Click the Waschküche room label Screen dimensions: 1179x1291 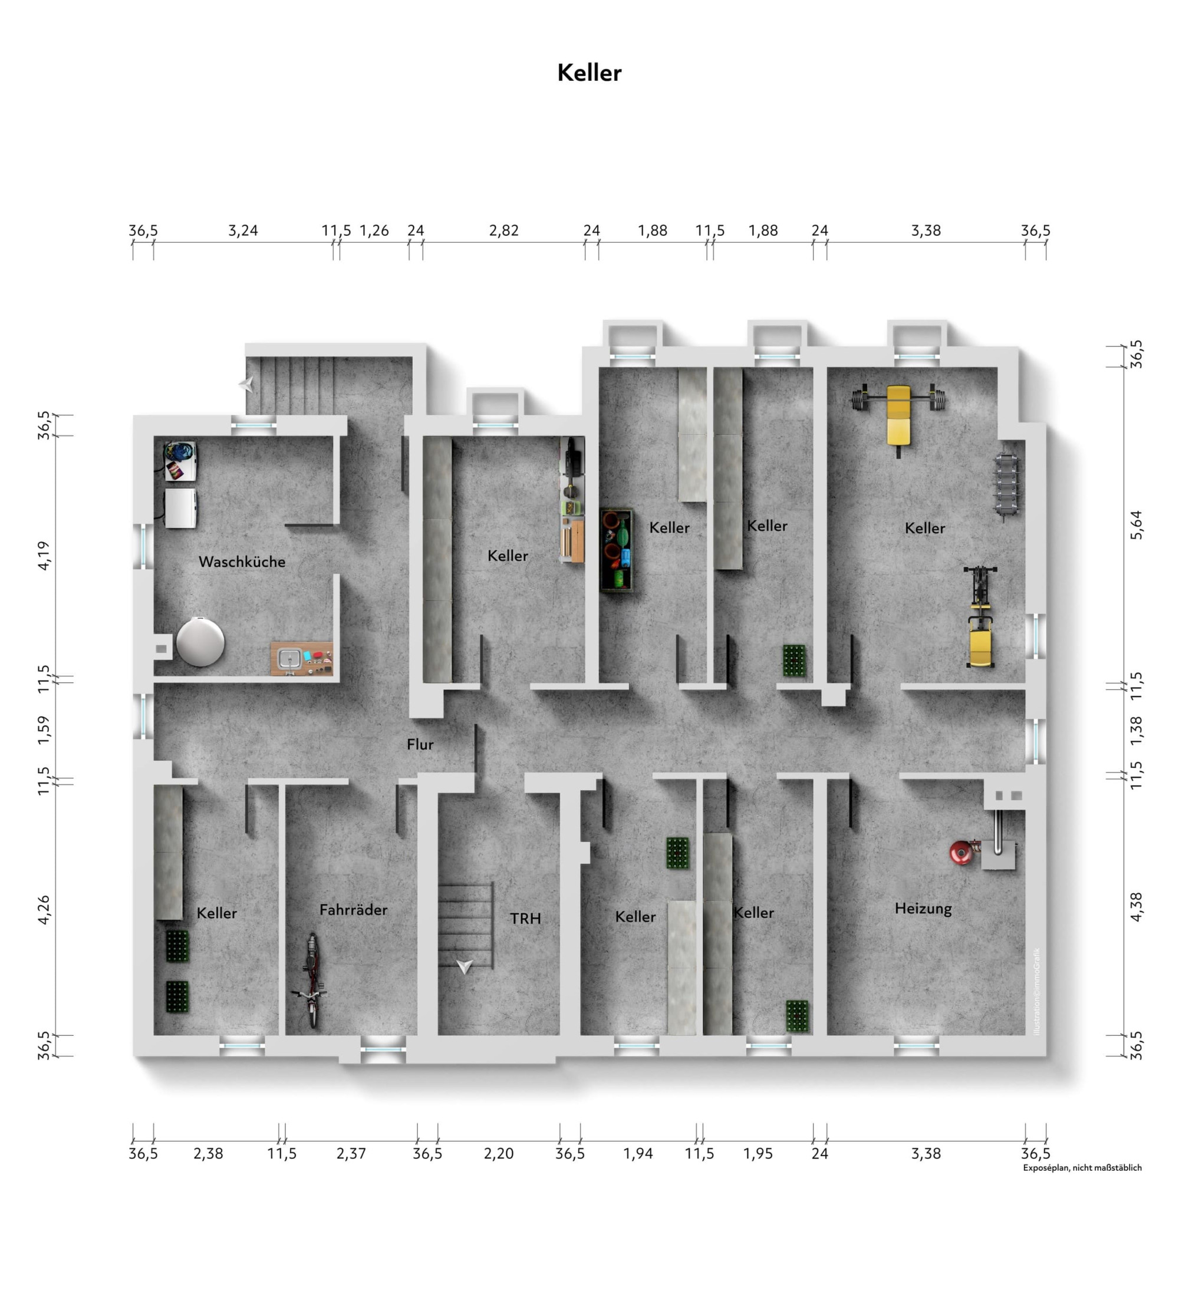pyautogui.click(x=242, y=562)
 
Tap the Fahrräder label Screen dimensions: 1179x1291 pyautogui.click(x=353, y=909)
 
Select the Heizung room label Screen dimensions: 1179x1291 pyautogui.click(x=923, y=909)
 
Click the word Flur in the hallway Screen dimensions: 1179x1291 pyautogui.click(x=420, y=744)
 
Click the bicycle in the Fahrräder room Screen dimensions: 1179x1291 pyautogui.click(x=311, y=980)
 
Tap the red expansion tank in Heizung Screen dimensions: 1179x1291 pyautogui.click(x=960, y=851)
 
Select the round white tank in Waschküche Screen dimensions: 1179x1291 pyautogui.click(x=200, y=641)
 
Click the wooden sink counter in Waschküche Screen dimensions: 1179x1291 pyautogui.click(x=301, y=658)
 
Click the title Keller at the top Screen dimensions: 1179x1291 pyautogui.click(x=589, y=73)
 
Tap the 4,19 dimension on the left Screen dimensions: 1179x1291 pyautogui.click(x=43, y=555)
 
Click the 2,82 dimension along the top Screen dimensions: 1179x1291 pyautogui.click(x=503, y=230)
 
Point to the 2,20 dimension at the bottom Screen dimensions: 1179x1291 pyautogui.click(x=499, y=1153)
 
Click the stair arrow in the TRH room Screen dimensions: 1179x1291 pyautogui.click(x=465, y=966)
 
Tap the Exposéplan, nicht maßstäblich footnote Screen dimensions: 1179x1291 pyautogui.click(x=1082, y=1167)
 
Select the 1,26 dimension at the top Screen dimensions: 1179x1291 pyautogui.click(x=374, y=230)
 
